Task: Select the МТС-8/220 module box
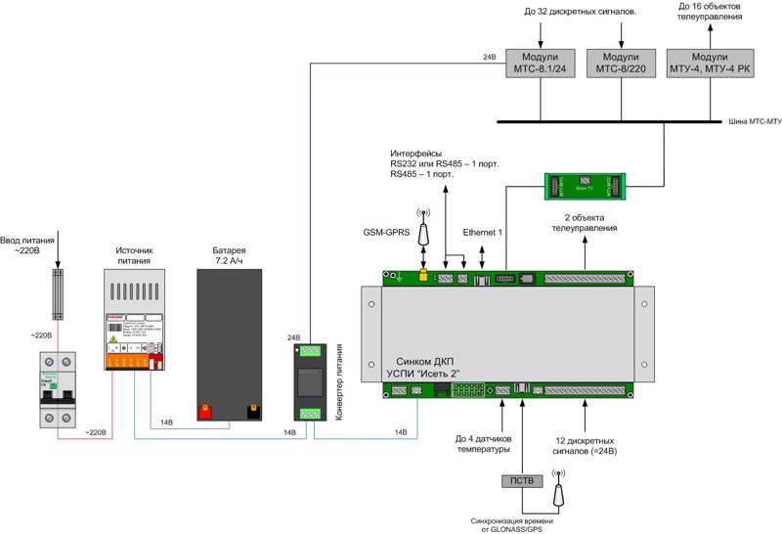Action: (622, 63)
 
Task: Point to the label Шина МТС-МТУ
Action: (755, 123)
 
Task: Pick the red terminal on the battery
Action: (207, 411)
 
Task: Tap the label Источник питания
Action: (129, 255)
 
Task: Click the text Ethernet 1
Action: (483, 232)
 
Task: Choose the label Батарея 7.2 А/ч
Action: (230, 255)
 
